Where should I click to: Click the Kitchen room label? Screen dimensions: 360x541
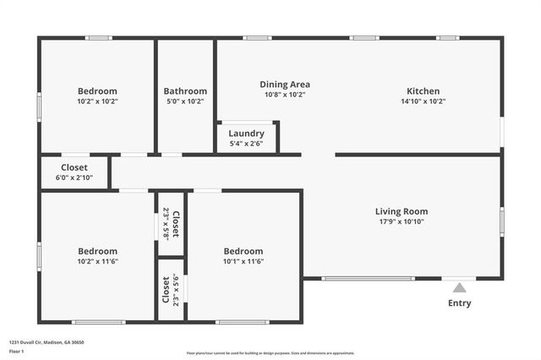tap(424, 91)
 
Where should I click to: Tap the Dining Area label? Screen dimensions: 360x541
tap(285, 84)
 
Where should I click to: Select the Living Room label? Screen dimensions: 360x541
tap(402, 211)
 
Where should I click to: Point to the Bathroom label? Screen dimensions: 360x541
tap(185, 91)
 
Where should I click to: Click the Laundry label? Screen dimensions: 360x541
tap(246, 134)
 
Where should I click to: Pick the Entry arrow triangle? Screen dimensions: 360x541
tap(459, 288)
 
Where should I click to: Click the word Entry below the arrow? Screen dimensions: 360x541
tap(459, 303)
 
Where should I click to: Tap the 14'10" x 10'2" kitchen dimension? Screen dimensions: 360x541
tap(424, 101)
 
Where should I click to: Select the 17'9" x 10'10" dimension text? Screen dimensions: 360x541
tap(402, 221)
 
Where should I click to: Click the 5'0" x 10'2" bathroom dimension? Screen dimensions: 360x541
tap(185, 101)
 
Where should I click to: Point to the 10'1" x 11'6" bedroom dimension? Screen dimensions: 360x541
tap(243, 261)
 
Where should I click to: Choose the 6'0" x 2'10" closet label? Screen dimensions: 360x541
tap(74, 177)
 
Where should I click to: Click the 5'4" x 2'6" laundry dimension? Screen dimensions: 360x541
tap(246, 144)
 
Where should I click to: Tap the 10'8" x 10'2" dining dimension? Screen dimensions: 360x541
tap(285, 95)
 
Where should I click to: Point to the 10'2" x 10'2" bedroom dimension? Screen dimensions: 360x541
tap(97, 101)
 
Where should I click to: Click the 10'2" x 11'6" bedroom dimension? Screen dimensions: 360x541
tap(97, 261)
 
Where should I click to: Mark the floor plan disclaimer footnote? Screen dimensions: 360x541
tap(270, 353)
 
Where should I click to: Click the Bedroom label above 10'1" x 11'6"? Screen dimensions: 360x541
tap(243, 251)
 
